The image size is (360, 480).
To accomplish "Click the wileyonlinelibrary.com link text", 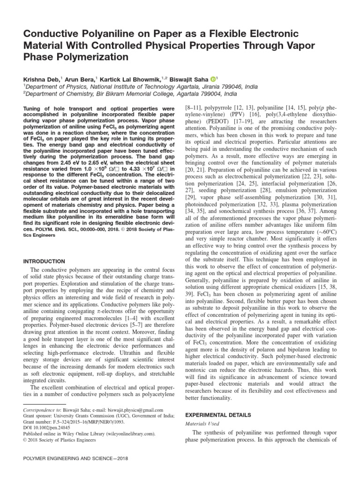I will tap(125, 434).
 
